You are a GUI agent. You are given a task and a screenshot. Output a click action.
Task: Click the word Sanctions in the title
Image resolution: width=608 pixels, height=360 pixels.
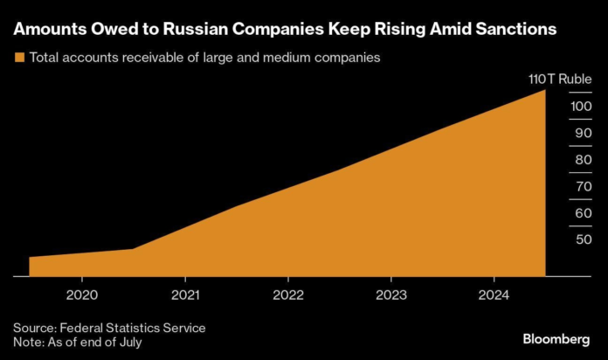point(507,29)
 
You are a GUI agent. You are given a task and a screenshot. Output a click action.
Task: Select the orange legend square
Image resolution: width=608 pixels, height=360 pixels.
point(19,58)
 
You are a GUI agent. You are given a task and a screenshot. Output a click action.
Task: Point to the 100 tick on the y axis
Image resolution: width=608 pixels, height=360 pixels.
point(559,107)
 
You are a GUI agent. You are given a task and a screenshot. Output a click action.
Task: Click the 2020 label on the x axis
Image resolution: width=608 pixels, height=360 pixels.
point(81,294)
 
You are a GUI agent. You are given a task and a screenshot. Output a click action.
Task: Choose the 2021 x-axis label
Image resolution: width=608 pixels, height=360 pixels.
point(184,294)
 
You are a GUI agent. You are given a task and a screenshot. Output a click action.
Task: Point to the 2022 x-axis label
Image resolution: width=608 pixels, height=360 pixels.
point(287,294)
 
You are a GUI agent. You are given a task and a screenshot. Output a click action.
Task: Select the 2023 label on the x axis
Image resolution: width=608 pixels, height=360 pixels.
point(390,294)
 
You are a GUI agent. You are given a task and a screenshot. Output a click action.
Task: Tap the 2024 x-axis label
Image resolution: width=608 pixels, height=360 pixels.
point(494,294)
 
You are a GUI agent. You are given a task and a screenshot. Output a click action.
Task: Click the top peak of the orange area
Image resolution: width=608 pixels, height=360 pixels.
point(545,91)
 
